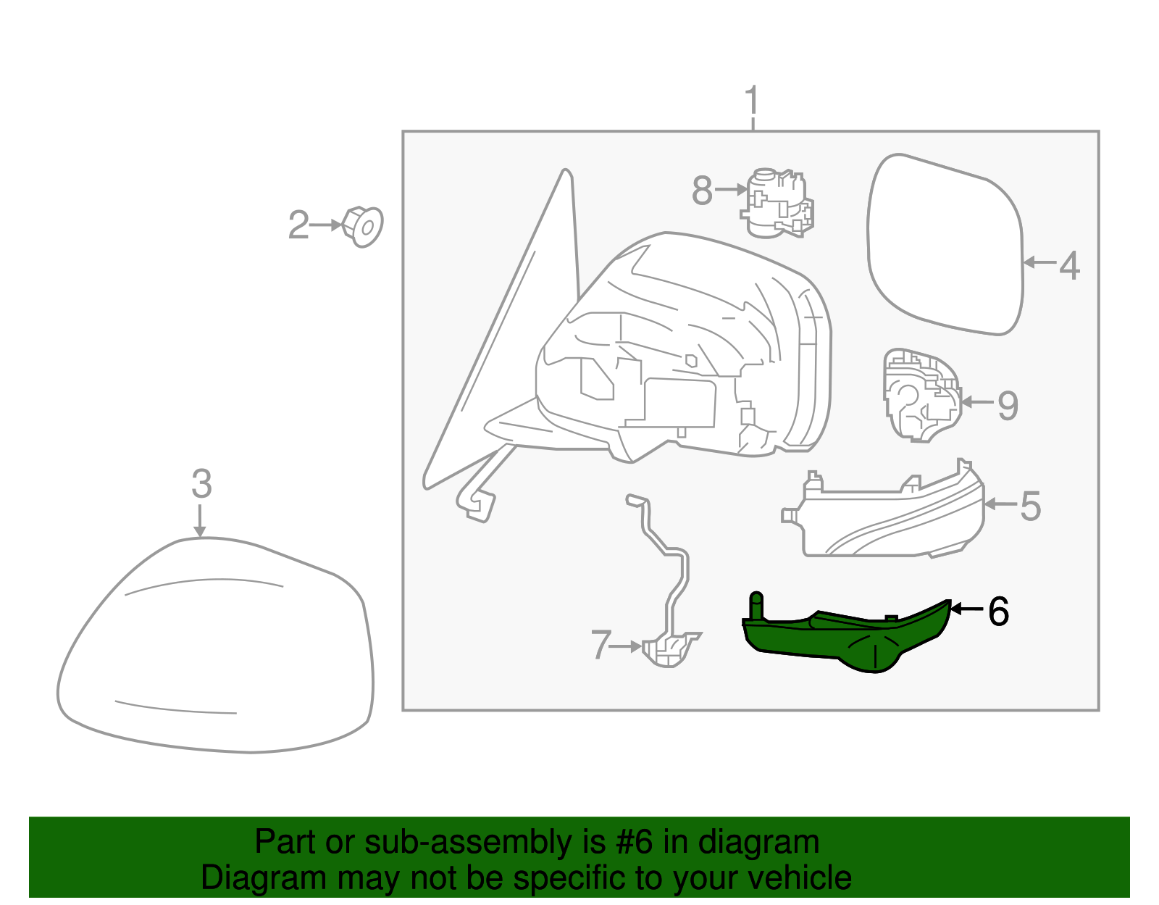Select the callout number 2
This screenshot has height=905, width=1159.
(x=298, y=225)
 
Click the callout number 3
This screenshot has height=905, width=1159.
(x=201, y=483)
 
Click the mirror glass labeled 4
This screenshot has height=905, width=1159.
(x=945, y=246)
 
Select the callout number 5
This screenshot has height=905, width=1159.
(x=1031, y=506)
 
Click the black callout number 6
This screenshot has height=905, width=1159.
(x=998, y=612)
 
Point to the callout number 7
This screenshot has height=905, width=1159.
(x=601, y=645)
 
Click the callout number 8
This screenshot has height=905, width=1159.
(x=702, y=191)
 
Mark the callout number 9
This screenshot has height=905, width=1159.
(x=1008, y=405)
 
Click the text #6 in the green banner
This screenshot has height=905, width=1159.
(x=635, y=843)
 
